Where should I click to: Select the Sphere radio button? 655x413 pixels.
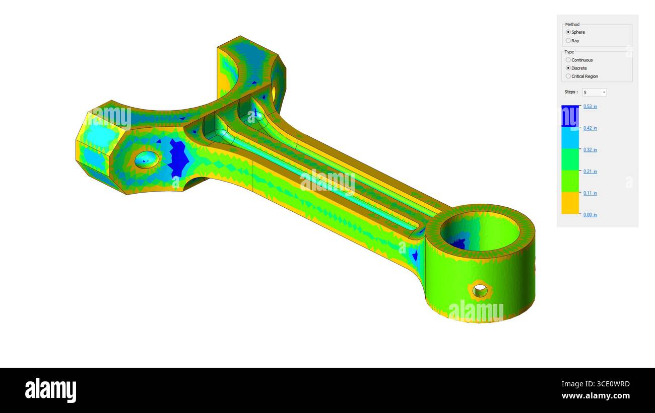pyautogui.click(x=568, y=32)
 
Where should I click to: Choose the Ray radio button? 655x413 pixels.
pyautogui.click(x=568, y=41)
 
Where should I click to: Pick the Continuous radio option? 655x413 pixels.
pyautogui.click(x=568, y=60)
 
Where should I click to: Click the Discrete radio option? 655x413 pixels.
pyautogui.click(x=568, y=68)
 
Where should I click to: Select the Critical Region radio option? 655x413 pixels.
pyautogui.click(x=568, y=76)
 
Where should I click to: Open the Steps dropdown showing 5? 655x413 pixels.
pyautogui.click(x=595, y=93)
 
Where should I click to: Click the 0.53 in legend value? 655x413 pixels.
pyautogui.click(x=590, y=107)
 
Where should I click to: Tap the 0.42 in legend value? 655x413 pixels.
pyautogui.click(x=590, y=128)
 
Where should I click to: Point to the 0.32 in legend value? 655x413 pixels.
pyautogui.click(x=590, y=150)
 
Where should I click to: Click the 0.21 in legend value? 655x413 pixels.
pyautogui.click(x=590, y=172)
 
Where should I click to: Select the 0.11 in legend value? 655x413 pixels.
pyautogui.click(x=590, y=193)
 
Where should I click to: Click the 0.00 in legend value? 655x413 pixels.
pyautogui.click(x=590, y=215)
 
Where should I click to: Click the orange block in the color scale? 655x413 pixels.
pyautogui.click(x=570, y=203)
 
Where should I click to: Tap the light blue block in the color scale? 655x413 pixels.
pyautogui.click(x=570, y=138)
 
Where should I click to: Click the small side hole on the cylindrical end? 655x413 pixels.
pyautogui.click(x=480, y=290)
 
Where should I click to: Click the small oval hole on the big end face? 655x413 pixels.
pyautogui.click(x=147, y=159)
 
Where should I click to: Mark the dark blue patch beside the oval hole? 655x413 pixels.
pyautogui.click(x=178, y=158)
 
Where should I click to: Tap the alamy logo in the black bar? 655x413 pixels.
pyautogui.click(x=50, y=390)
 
